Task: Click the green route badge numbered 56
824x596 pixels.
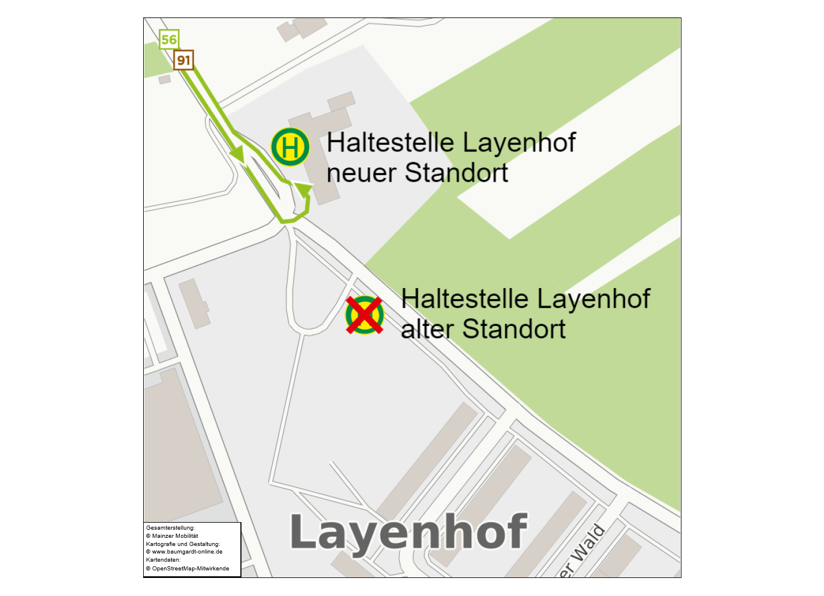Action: pyautogui.click(x=169, y=40)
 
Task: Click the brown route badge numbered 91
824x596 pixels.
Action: pyautogui.click(x=183, y=60)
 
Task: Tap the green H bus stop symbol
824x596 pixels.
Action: pyautogui.click(x=290, y=147)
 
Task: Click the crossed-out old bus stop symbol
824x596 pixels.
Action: pyautogui.click(x=364, y=315)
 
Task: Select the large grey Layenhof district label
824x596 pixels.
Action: pyautogui.click(x=409, y=532)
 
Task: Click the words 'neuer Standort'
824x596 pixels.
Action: pyautogui.click(x=417, y=173)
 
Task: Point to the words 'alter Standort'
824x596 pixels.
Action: pyautogui.click(x=483, y=329)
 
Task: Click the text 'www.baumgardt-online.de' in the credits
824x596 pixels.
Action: pyautogui.click(x=187, y=552)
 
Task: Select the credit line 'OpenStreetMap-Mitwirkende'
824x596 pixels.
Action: pyautogui.click(x=190, y=569)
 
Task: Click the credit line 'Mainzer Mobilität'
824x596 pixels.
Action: pyautogui.click(x=175, y=536)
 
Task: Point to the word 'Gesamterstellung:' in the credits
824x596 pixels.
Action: pyautogui.click(x=171, y=528)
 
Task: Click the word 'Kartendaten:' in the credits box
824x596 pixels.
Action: pyautogui.click(x=163, y=560)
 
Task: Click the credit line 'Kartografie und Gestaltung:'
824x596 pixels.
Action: pyautogui.click(x=183, y=544)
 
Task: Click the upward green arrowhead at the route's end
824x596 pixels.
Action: pyautogui.click(x=304, y=189)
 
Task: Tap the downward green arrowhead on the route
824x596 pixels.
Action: pyautogui.click(x=237, y=154)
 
